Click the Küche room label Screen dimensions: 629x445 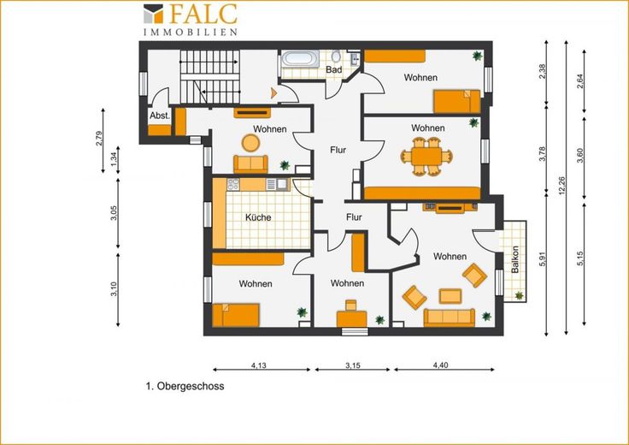click(258, 217)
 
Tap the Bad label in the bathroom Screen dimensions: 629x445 click(334, 69)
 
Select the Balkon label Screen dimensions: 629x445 click(515, 259)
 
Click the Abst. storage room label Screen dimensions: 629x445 click(160, 116)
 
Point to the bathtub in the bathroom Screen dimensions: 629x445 click(300, 59)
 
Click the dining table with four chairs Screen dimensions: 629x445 click(426, 157)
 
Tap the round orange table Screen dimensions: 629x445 click(250, 143)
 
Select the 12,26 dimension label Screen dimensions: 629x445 click(561, 187)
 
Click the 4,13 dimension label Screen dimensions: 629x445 click(259, 365)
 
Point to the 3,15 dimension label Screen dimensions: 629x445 click(353, 365)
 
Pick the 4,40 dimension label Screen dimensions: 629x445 click(440, 365)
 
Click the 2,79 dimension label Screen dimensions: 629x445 click(99, 139)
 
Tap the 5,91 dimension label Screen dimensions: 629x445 click(543, 259)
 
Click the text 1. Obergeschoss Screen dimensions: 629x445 click(185, 386)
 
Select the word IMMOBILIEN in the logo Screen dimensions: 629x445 click(191, 33)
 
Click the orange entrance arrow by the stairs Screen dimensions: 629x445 click(274, 93)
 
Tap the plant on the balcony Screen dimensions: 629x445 click(519, 295)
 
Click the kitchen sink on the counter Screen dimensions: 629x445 click(282, 184)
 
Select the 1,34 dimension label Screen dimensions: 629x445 click(115, 160)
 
